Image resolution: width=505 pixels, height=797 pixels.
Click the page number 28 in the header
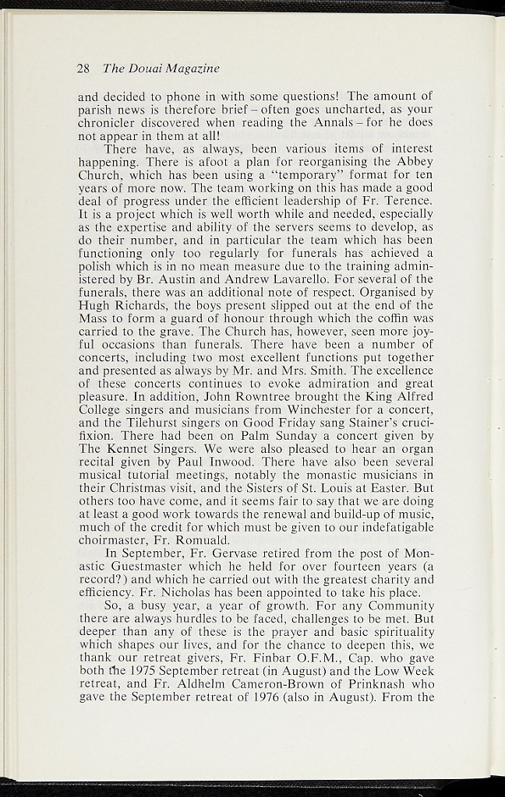(84, 68)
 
